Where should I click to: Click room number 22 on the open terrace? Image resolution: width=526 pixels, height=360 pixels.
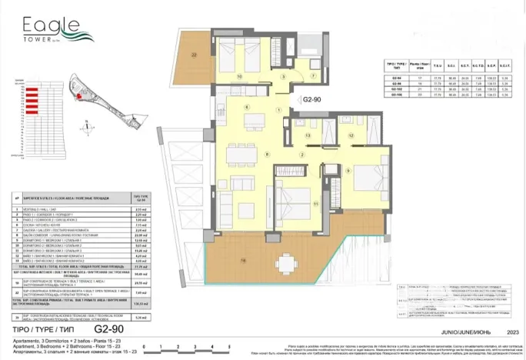click(x=195, y=55)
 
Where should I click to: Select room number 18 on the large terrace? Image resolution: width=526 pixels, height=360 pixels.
click(x=244, y=261)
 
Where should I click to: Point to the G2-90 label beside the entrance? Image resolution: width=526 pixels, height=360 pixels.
click(x=312, y=100)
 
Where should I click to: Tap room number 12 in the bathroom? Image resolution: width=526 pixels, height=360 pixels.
click(x=351, y=135)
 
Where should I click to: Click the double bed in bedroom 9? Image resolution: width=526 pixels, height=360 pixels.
click(x=368, y=175)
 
